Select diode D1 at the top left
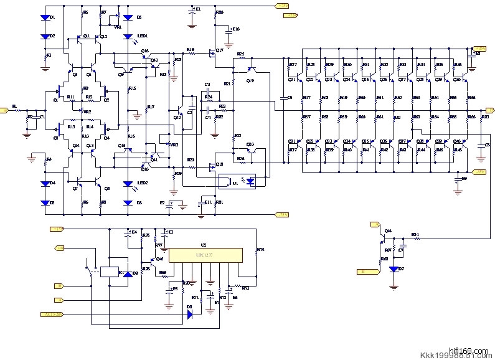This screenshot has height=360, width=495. (x=45, y=18)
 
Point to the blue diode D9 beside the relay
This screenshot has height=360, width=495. (x=128, y=274)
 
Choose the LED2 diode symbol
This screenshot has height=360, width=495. (x=127, y=184)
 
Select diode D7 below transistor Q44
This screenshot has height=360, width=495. (x=393, y=269)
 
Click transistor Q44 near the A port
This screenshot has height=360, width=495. (x=384, y=237)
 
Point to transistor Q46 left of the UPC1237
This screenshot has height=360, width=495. (x=153, y=260)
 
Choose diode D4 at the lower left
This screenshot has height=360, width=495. (x=45, y=184)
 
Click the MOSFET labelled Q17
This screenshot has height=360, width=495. (x=214, y=52)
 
